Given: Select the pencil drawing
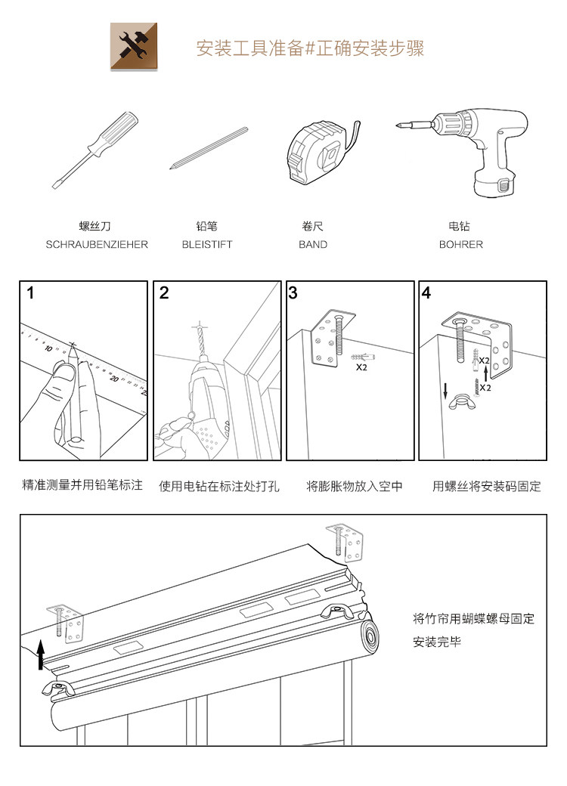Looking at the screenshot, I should (x=210, y=147).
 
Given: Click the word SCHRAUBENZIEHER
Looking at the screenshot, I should (x=97, y=245).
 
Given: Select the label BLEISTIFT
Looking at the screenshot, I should (x=207, y=245).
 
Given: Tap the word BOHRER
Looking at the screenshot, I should (x=460, y=245).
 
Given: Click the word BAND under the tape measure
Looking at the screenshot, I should (x=313, y=245).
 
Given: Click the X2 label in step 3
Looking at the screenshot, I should (x=361, y=367).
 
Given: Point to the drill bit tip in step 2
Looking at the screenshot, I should (x=199, y=326).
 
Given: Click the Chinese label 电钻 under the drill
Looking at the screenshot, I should (x=460, y=226).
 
